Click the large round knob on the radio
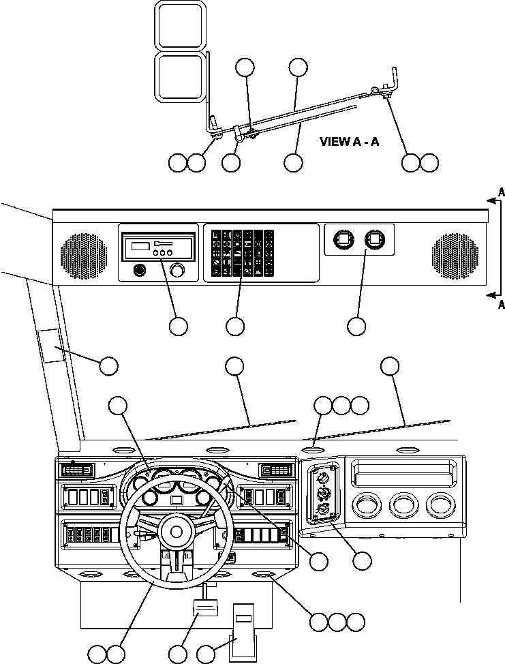coord(179,271)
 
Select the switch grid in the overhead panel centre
coord(243,252)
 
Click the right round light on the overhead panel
coord(374,239)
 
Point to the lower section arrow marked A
coord(493,294)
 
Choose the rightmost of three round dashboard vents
coord(440,507)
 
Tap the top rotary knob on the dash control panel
coord(322,477)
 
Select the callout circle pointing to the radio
coord(179,327)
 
